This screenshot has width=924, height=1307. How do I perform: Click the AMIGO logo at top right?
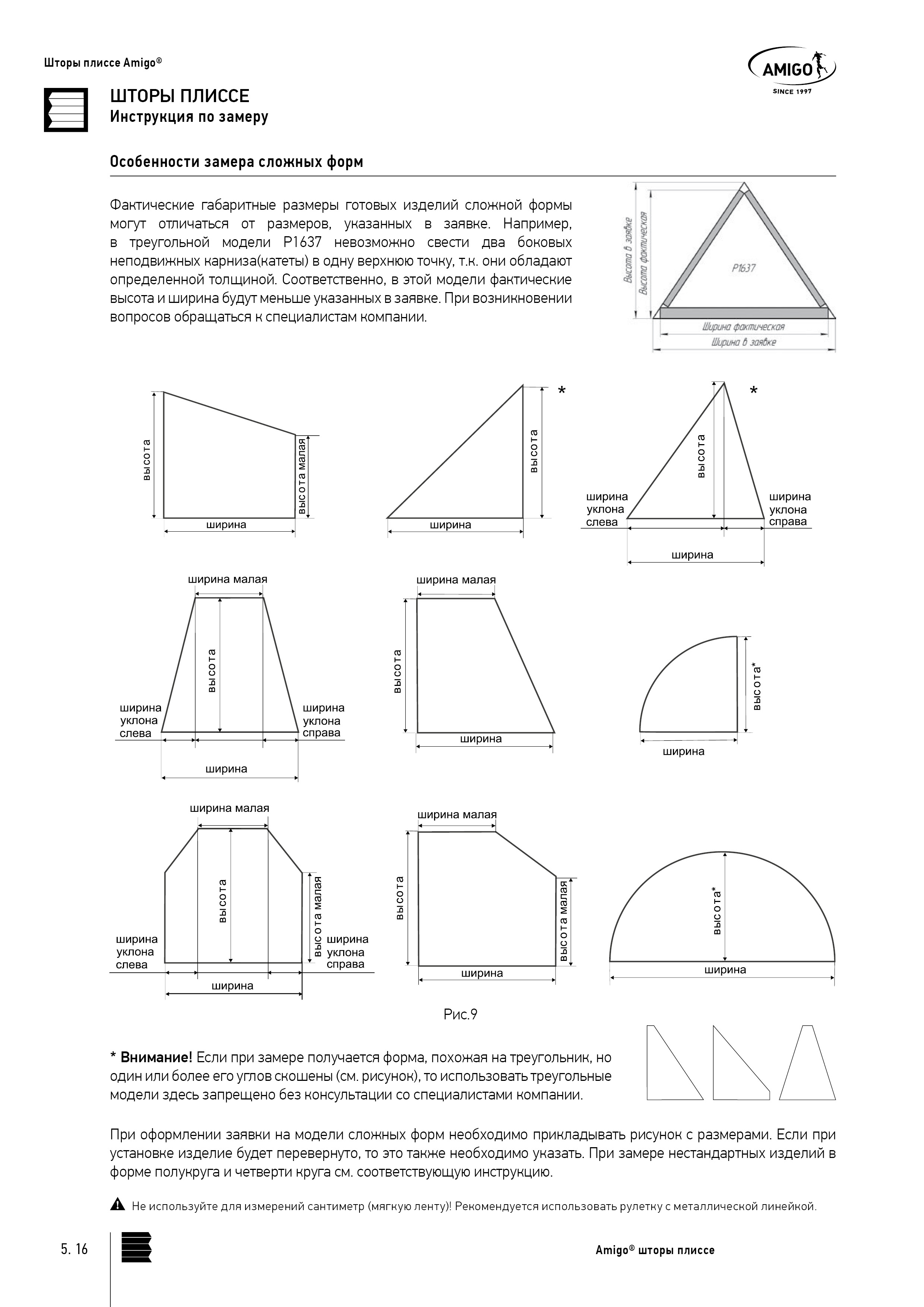(x=791, y=69)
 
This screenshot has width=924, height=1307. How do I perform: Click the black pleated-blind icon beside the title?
(x=66, y=110)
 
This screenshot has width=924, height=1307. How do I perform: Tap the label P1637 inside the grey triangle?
(x=744, y=268)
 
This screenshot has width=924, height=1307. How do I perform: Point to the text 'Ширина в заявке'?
(x=743, y=342)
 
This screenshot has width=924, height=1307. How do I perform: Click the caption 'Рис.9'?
(x=460, y=1015)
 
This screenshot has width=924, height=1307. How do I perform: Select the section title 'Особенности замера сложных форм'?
(x=236, y=162)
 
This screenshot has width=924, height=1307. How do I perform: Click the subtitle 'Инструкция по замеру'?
(x=189, y=117)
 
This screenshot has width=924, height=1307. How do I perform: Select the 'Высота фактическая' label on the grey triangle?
(x=643, y=253)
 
